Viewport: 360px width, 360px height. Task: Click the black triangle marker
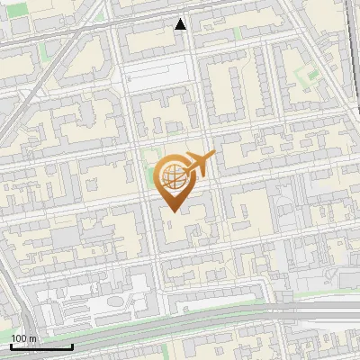tap(181, 23)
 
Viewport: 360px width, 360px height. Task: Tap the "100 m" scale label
tap(23, 337)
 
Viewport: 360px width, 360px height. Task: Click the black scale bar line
tap(41, 346)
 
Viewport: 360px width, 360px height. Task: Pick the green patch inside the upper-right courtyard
tap(310, 72)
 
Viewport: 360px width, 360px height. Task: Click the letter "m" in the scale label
tap(32, 337)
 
